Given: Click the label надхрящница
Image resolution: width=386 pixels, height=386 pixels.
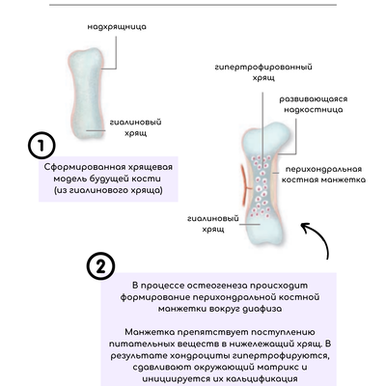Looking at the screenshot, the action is coord(117,27).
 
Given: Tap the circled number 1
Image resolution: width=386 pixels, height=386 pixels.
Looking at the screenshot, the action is coord(41,146).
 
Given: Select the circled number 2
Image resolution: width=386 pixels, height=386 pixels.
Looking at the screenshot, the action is coord(100,266).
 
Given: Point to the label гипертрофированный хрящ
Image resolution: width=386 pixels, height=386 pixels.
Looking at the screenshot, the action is coord(263,72).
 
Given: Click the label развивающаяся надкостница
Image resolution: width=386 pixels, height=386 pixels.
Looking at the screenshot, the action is coord(313,104).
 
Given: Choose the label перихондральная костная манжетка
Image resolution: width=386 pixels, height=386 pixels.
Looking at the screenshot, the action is coord(323,175).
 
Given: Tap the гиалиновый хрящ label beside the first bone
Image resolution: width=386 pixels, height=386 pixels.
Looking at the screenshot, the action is coord(135,127).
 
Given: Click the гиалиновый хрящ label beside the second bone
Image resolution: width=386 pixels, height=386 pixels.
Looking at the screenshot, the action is coord(213,224).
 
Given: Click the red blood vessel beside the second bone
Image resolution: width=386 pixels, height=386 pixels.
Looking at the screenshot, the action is coord(244,185).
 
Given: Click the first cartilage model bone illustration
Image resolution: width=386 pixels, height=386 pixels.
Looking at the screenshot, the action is coord(87,94).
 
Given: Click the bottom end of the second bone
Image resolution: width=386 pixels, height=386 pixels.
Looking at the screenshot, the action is coord(266,239).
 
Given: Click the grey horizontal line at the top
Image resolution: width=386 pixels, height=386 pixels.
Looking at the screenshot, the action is coord(193,5).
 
